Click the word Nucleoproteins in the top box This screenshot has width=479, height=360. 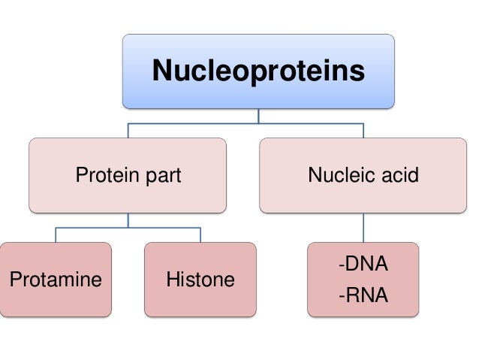258,71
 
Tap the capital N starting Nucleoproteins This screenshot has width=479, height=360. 161,71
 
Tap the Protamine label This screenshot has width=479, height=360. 56,280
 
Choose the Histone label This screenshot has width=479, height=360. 200,280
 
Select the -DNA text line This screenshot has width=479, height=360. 363,265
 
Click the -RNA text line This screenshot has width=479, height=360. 363,295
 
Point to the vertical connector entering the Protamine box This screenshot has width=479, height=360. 56,234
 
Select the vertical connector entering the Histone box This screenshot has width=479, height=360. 200,234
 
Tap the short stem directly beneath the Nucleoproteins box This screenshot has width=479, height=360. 258,115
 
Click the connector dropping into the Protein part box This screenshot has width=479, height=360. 128,130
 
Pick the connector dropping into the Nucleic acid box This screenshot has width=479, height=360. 364,130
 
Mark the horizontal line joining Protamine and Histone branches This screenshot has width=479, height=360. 128,227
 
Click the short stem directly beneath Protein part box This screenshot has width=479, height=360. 128,219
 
